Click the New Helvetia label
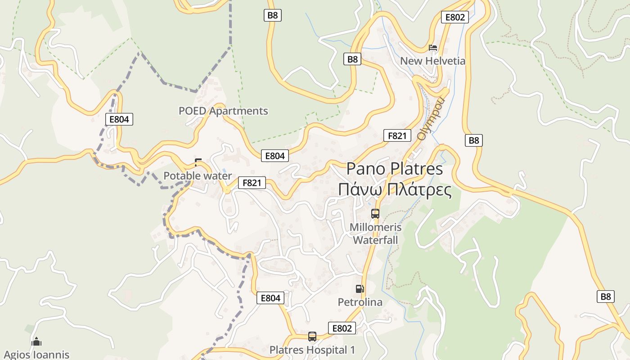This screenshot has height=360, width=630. pos(432,61)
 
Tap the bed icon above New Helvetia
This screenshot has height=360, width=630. pos(433,47)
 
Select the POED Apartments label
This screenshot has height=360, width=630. pos(223,111)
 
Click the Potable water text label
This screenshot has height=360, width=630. pos(198,176)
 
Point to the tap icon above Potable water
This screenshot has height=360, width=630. pos(198,162)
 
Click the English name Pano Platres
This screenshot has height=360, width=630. pos(394,169)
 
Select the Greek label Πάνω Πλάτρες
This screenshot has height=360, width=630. pos(395,189)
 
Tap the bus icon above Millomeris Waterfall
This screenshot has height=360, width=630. pos(375,214)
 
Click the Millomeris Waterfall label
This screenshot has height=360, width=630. pos(375,234)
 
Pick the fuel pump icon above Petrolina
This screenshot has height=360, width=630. pos(360,288)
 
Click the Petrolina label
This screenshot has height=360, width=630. pos(360,302)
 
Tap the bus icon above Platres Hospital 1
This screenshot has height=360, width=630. pos(312,336)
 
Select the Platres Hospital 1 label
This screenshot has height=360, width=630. pos(312,350)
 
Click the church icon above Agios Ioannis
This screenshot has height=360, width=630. pos(36,342)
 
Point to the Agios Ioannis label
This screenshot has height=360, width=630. pos(36,355)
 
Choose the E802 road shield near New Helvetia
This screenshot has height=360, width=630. pos(454,17)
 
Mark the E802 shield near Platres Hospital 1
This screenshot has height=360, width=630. pos(342,328)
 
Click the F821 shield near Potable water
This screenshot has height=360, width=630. pos(252,183)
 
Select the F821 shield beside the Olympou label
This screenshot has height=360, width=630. pos(397,135)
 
